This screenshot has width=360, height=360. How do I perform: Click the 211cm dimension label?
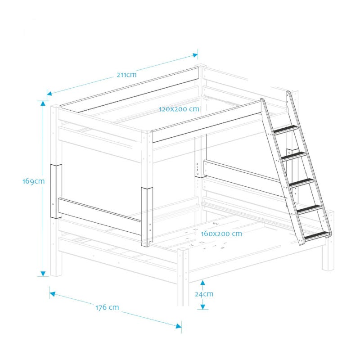126,75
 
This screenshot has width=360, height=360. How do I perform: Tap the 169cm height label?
33,181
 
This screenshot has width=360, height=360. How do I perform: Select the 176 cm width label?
107,307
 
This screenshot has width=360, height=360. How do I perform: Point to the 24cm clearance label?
204,294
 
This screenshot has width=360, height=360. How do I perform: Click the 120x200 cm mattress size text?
179,109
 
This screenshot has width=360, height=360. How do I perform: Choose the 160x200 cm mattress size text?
221,234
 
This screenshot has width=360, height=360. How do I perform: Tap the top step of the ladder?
286,130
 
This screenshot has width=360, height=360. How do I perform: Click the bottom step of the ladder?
317,236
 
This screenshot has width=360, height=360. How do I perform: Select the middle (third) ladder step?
301,183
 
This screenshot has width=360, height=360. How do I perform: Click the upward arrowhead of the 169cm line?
43,103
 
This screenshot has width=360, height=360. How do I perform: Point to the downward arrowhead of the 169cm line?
43,274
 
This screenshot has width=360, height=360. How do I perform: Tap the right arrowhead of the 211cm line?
195,55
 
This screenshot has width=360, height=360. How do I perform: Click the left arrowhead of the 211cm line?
49,93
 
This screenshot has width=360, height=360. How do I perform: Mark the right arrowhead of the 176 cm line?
179,326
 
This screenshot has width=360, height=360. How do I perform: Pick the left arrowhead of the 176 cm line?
53,294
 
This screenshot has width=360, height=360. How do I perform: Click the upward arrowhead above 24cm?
203,283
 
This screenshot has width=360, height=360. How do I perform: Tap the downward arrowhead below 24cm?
203,307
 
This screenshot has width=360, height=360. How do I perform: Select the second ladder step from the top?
294,156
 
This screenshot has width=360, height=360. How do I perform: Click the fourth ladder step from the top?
309,209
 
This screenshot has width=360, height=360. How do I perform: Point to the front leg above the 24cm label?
183,277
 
